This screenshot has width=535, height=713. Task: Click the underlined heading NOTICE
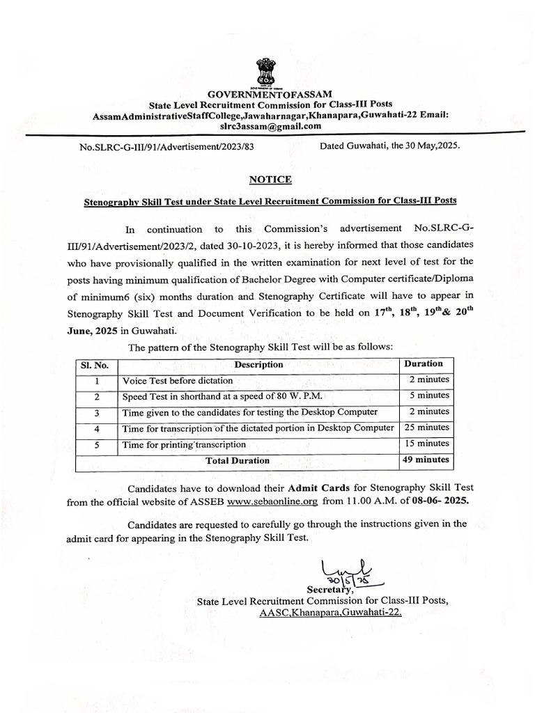tap(270, 180)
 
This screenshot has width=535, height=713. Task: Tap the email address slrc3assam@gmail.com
tap(270, 126)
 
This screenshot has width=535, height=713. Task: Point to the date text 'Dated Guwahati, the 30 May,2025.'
tap(389, 147)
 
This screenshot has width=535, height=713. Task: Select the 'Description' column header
tap(258, 364)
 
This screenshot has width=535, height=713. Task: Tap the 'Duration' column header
tap(423, 363)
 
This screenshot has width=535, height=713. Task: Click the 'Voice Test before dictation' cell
tap(178, 381)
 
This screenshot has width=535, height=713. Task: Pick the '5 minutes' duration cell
tap(428, 395)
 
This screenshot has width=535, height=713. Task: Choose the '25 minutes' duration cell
tap(426, 428)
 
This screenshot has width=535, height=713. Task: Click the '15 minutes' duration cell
tap(426, 444)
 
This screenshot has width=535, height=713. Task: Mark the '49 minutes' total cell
tap(426, 460)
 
